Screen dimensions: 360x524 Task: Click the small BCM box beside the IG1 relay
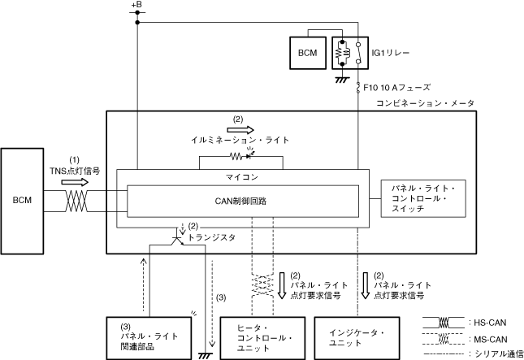(307, 53)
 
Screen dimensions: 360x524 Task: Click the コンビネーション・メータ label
(425, 103)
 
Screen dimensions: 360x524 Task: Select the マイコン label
(240, 176)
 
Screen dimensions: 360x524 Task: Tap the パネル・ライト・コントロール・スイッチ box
(423, 199)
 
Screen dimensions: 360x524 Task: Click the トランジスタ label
(212, 238)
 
